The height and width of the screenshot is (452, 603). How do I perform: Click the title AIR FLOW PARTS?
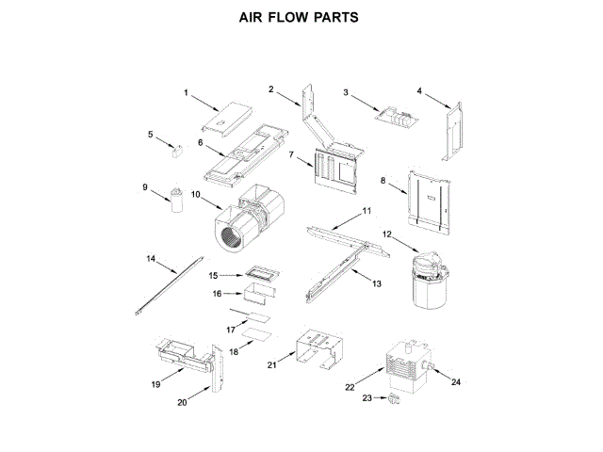(300, 18)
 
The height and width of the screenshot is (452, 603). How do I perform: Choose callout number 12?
(386, 233)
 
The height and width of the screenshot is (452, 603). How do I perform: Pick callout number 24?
(457, 382)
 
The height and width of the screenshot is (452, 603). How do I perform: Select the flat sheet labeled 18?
(256, 334)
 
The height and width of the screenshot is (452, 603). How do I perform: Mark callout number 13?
(377, 282)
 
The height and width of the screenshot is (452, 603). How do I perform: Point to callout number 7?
(292, 153)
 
